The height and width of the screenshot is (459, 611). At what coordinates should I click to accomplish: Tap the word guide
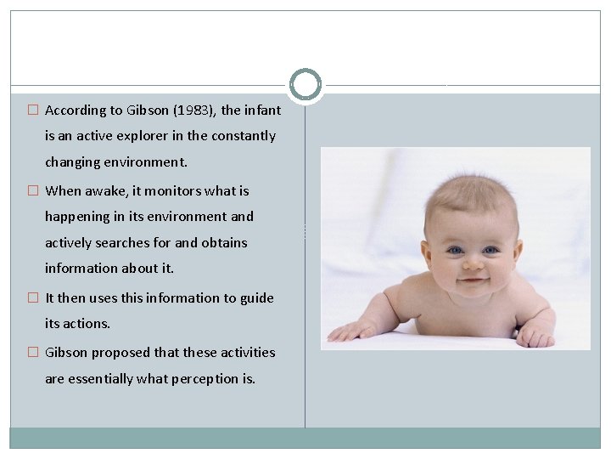coord(256,298)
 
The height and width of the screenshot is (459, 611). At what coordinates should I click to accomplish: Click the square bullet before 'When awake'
coord(33,191)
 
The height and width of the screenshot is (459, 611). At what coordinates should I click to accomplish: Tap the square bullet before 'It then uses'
coord(33,298)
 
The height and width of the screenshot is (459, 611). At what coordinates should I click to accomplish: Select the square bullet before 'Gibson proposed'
coord(33,353)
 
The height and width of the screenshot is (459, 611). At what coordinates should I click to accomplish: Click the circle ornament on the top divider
coord(305,85)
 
